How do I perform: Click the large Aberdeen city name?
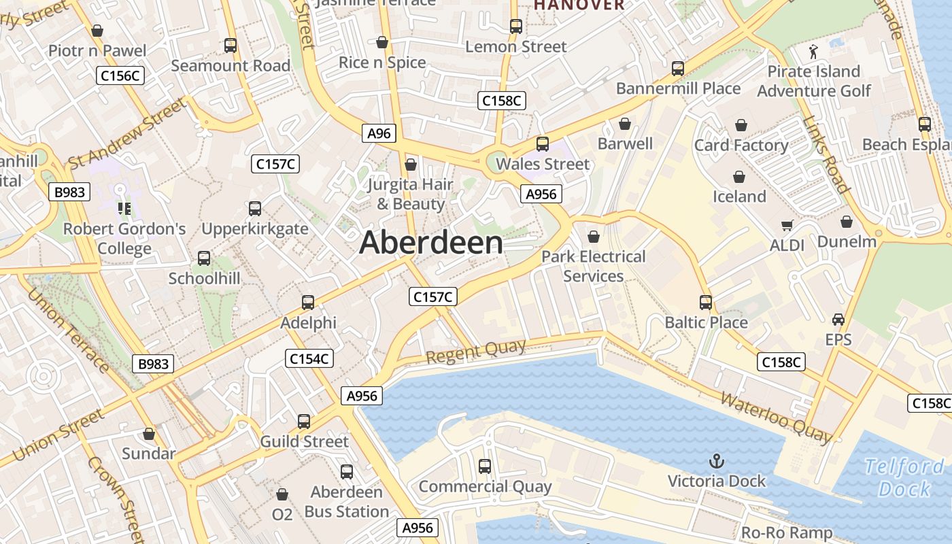pos(431,243)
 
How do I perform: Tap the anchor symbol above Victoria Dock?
pos(716,462)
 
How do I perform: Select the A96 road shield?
pos(379,133)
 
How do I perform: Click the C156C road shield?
pos(120,75)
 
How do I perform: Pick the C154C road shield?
pos(309,358)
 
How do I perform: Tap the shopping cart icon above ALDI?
pos(787,225)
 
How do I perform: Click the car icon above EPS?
pos(838,319)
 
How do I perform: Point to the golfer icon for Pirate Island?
pos(813,51)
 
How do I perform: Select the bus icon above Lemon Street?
pos(516,27)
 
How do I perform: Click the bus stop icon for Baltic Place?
pos(706,303)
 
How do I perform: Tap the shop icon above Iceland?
pos(739,177)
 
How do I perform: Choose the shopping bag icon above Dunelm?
pos(847,222)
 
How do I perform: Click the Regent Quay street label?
pos(476,352)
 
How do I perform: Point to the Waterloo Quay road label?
pos(776,415)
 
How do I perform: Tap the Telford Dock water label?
pos(904,477)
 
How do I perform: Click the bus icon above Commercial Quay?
pos(485,466)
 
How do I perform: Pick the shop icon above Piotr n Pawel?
pos(97,31)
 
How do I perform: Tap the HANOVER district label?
pos(579,5)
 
